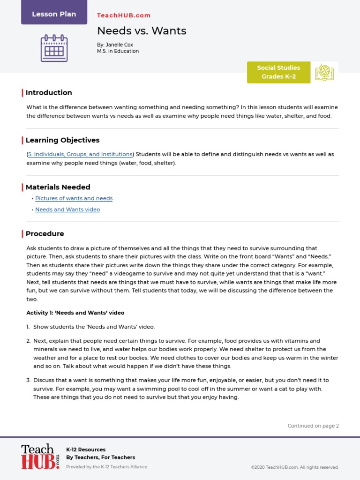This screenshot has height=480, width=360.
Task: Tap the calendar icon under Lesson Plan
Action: tap(54, 48)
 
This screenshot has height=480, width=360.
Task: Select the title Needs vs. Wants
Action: tap(142, 31)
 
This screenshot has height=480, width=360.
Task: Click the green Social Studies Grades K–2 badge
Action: tap(278, 72)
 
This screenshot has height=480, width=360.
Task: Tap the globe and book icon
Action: tap(324, 72)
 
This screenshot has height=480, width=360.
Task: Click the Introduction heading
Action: tap(49, 93)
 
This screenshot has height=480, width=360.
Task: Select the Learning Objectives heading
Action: tap(62, 140)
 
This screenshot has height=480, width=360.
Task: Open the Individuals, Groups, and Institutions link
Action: tap(80, 154)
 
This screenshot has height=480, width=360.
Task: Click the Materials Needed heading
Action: tap(58, 187)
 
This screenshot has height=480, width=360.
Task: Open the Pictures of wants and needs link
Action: tap(74, 198)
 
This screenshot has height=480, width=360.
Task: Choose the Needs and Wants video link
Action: tap(67, 210)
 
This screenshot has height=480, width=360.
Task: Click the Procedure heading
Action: tap(45, 234)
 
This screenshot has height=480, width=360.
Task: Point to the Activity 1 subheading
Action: tap(75, 313)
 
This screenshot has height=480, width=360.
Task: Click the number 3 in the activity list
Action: tap(28, 380)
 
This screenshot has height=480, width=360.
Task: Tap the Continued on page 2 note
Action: tap(313, 426)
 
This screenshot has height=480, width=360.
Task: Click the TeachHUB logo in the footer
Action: tap(40, 457)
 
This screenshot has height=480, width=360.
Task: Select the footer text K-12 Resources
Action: tap(86, 450)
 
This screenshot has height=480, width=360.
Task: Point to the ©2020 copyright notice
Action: tap(295, 467)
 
